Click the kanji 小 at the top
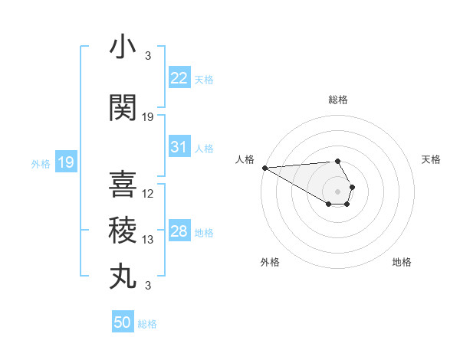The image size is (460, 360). point(123,48)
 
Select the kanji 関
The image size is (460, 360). point(123,108)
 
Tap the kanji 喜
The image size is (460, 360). point(123,185)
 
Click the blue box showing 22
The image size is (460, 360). point(179,78)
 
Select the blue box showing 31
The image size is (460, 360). point(179,147)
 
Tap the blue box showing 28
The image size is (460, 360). point(179,231)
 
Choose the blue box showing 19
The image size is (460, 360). point(65,162)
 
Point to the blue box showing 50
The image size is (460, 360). point(123,322)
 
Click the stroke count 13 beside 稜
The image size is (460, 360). point(149,240)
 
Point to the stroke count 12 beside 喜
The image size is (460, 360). point(149,194)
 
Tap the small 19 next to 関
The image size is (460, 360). point(149,117)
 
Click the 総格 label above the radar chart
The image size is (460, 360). point(338,100)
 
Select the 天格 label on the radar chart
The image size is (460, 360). point(432,159)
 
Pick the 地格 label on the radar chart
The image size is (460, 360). point(402,262)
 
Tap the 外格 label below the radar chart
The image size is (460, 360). point(270,262)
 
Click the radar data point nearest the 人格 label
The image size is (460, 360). point(264,168)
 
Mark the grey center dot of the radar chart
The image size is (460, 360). point(337,191)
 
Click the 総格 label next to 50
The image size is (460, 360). point(147,324)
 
